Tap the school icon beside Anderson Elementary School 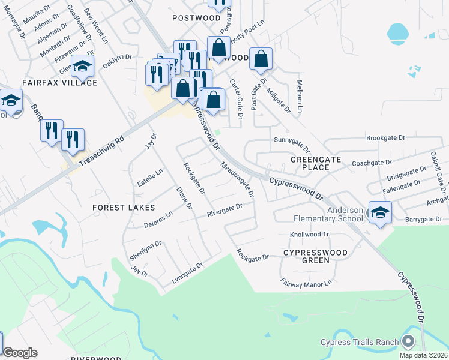tap(380, 212)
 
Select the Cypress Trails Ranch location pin tap(409, 342)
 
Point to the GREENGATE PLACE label tap(316, 163)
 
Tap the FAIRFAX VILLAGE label tap(59, 82)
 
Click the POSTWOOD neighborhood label tap(196, 18)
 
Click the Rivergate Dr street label tap(224, 210)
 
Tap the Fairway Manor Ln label tap(306, 282)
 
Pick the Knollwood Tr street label tap(310, 235)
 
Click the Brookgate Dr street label tap(386, 138)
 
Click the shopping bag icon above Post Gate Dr tap(261, 59)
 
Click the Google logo tap(20, 353)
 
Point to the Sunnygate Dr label tap(292, 143)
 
